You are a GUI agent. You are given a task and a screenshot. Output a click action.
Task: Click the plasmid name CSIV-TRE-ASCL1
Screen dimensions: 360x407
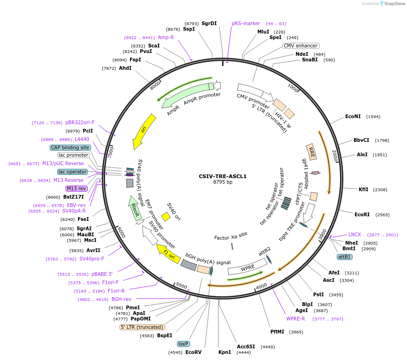click(223, 176)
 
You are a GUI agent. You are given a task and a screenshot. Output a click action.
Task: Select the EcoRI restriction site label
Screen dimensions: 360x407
click(362, 214)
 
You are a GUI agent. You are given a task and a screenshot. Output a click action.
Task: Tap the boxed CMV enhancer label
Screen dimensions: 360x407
click(301, 46)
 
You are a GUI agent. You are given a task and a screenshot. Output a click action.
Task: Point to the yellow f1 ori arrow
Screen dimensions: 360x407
click(166, 253)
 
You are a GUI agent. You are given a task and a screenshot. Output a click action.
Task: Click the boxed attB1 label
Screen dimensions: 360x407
click(344, 257)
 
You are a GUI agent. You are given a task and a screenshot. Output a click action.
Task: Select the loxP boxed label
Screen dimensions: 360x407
click(183, 344)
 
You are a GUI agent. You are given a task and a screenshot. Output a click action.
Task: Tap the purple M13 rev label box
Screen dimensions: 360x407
click(77, 188)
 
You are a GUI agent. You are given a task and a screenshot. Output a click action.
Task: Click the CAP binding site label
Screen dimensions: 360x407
click(70, 147)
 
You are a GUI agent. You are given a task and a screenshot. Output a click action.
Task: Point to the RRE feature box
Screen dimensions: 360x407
click(312, 152)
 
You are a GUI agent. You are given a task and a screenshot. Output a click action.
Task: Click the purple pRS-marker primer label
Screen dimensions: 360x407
click(246, 23)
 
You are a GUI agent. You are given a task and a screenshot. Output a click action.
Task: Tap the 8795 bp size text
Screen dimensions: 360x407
click(223, 182)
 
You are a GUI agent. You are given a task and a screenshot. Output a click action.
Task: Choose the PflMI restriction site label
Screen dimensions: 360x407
click(279, 332)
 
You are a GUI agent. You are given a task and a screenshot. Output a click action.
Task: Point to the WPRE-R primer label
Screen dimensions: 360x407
click(295, 319)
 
